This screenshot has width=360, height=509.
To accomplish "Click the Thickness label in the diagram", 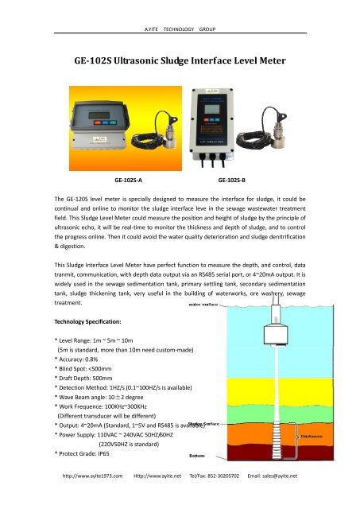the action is (x=306, y=436).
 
